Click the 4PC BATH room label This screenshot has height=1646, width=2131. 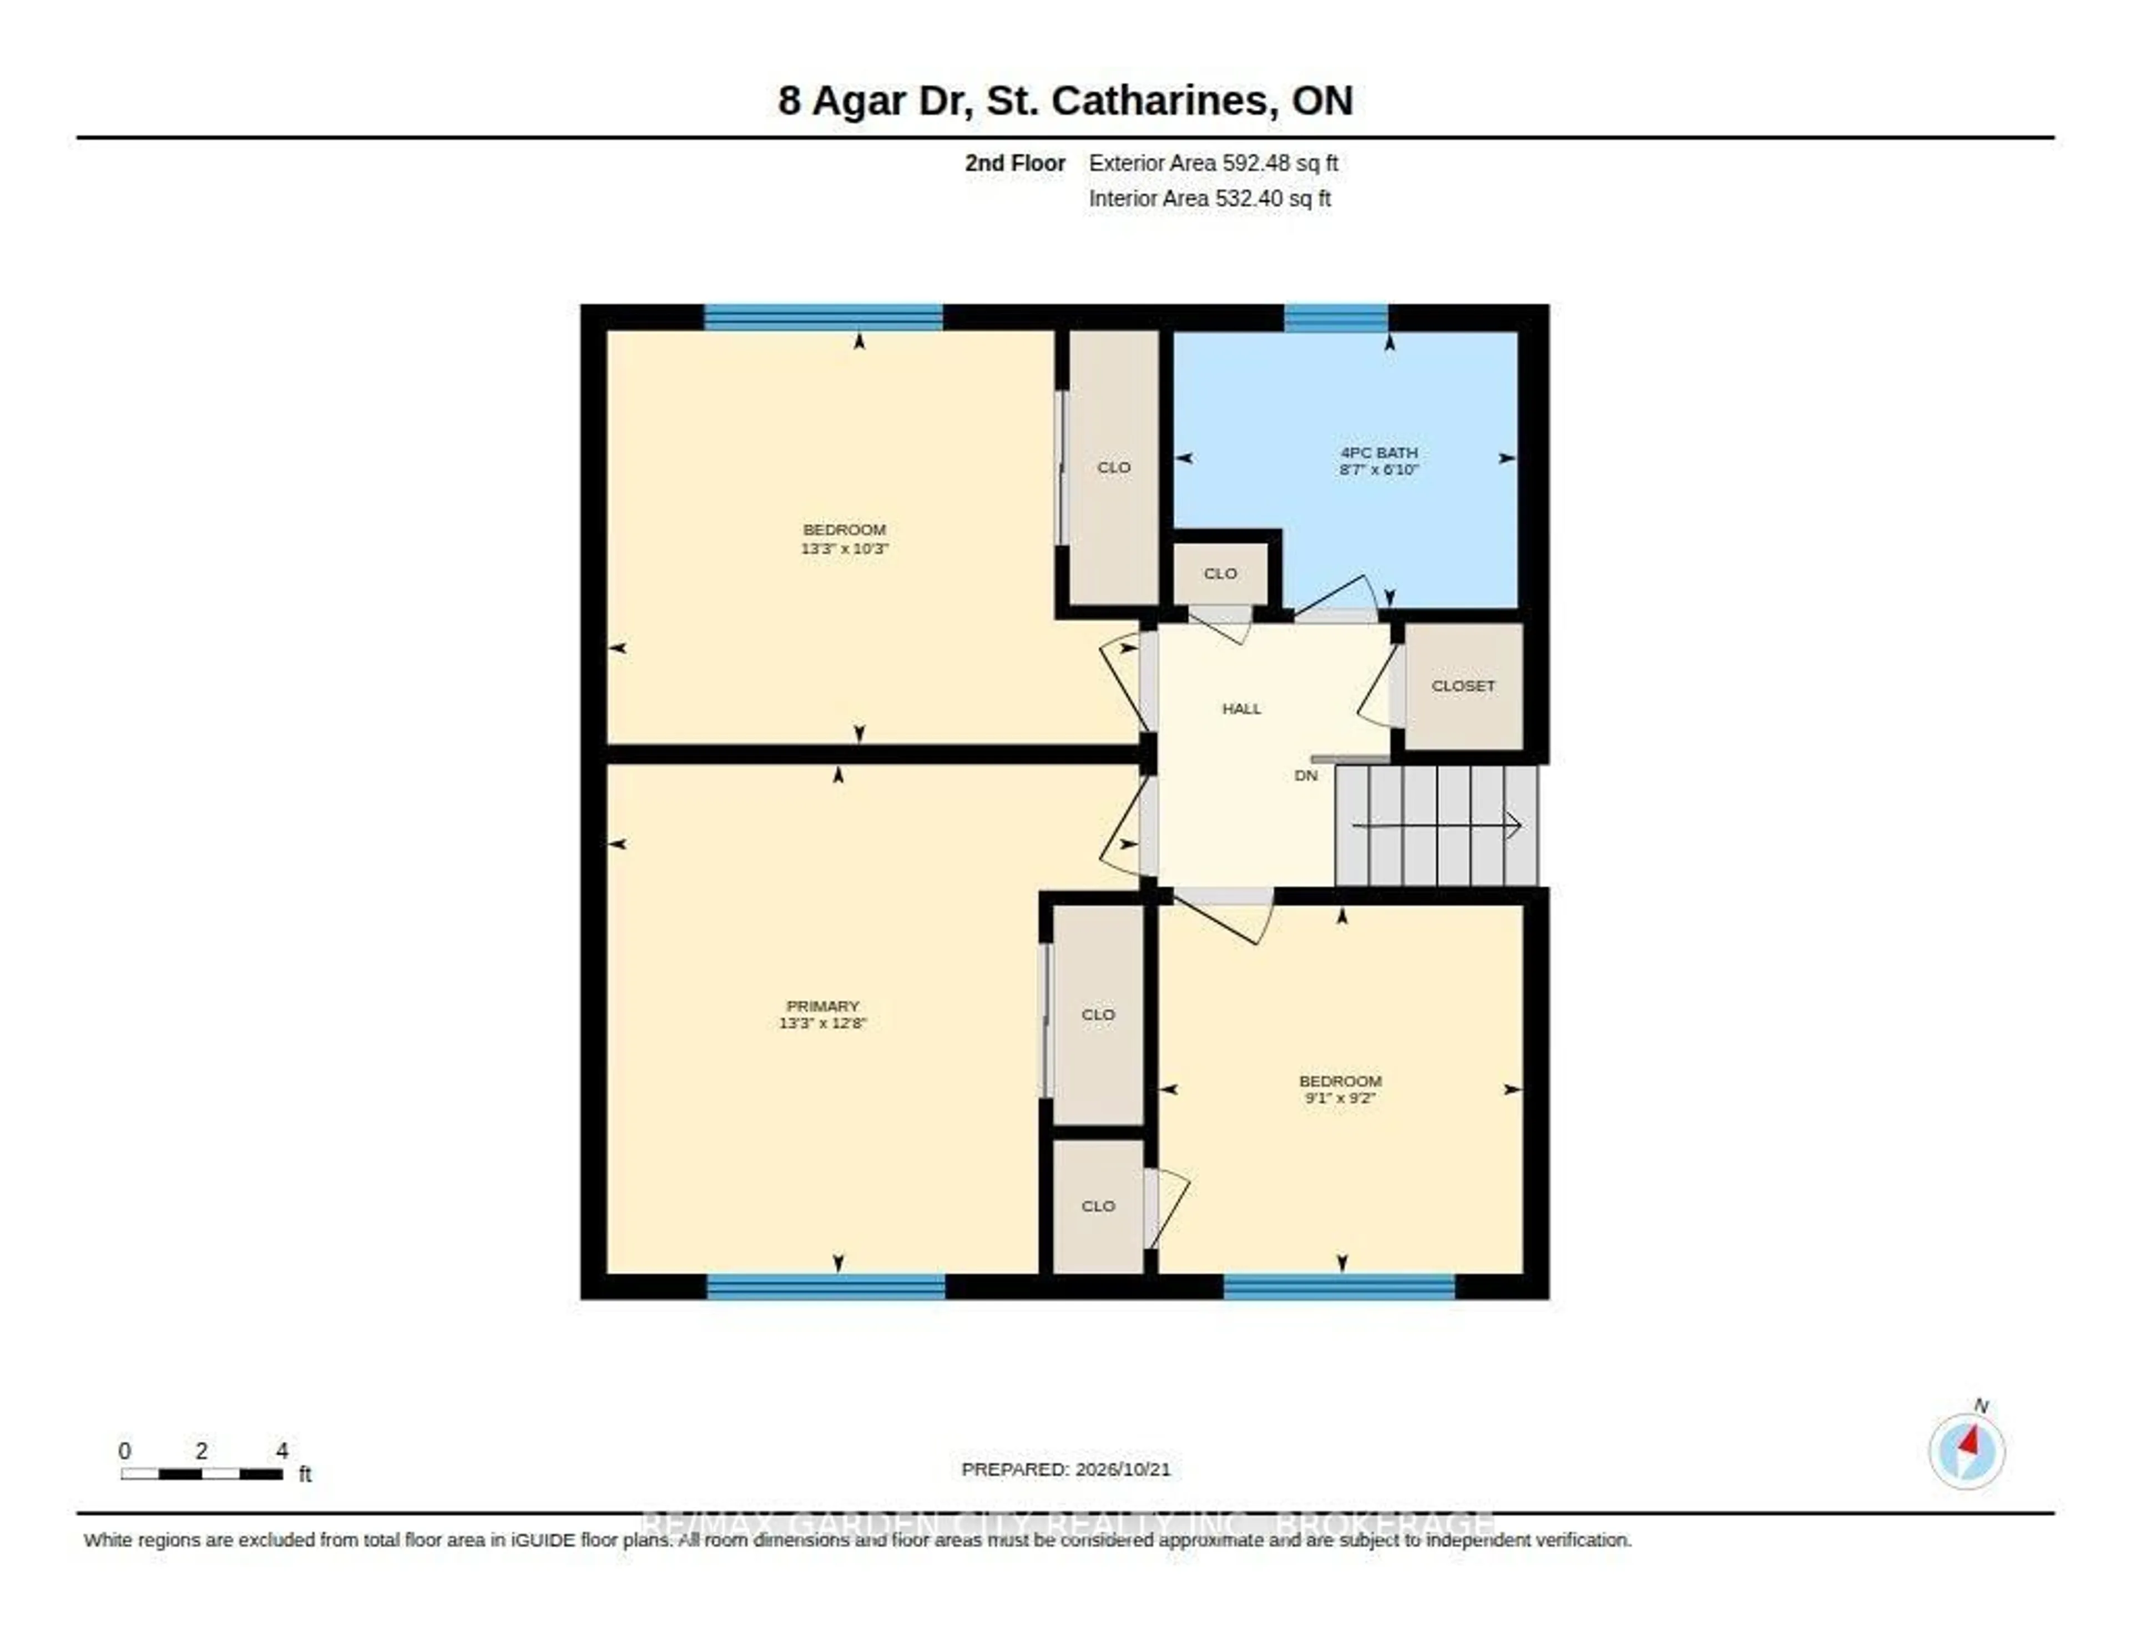(x=1378, y=453)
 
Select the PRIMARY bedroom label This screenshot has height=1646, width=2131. (x=822, y=1006)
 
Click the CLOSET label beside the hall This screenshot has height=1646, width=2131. (x=1463, y=686)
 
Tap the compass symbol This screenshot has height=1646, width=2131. (x=1967, y=1451)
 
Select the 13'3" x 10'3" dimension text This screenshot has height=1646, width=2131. (x=845, y=548)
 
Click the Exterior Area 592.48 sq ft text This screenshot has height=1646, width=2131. (x=1213, y=163)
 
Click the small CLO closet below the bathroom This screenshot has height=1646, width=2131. (x=1221, y=574)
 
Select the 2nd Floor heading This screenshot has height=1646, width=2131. (x=1015, y=163)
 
